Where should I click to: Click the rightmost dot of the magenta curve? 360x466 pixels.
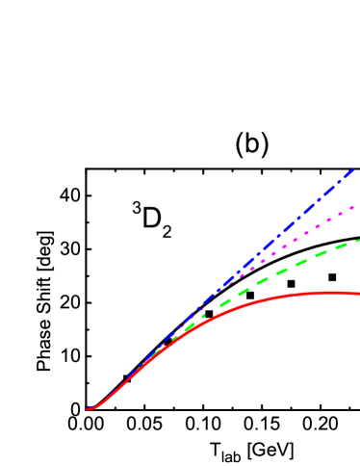(353, 206)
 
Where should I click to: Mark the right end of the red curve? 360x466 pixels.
(358, 294)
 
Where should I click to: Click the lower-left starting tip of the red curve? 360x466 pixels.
(88, 409)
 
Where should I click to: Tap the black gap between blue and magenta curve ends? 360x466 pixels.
(352, 189)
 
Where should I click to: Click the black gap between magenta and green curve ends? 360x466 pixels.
(353, 223)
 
